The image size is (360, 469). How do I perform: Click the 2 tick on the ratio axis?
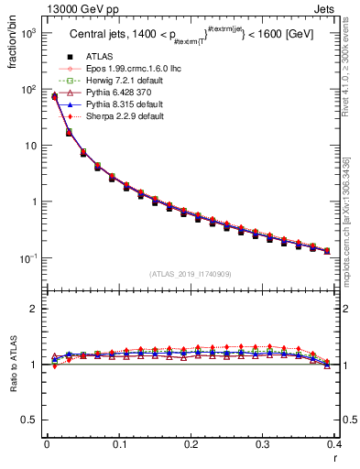pos(34,309)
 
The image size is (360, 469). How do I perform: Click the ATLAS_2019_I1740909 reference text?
pos(191,274)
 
